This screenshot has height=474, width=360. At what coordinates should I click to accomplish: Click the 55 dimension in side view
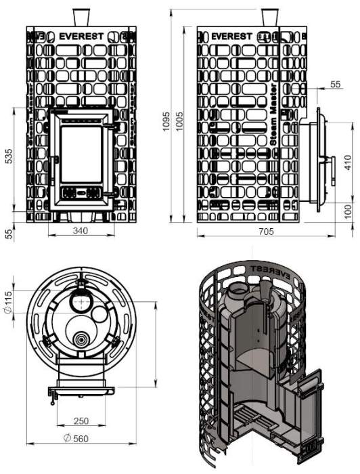pos(334,84)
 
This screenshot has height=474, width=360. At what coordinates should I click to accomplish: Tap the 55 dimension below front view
pos(9,234)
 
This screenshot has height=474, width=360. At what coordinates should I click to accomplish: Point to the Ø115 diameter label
pos(9,301)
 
